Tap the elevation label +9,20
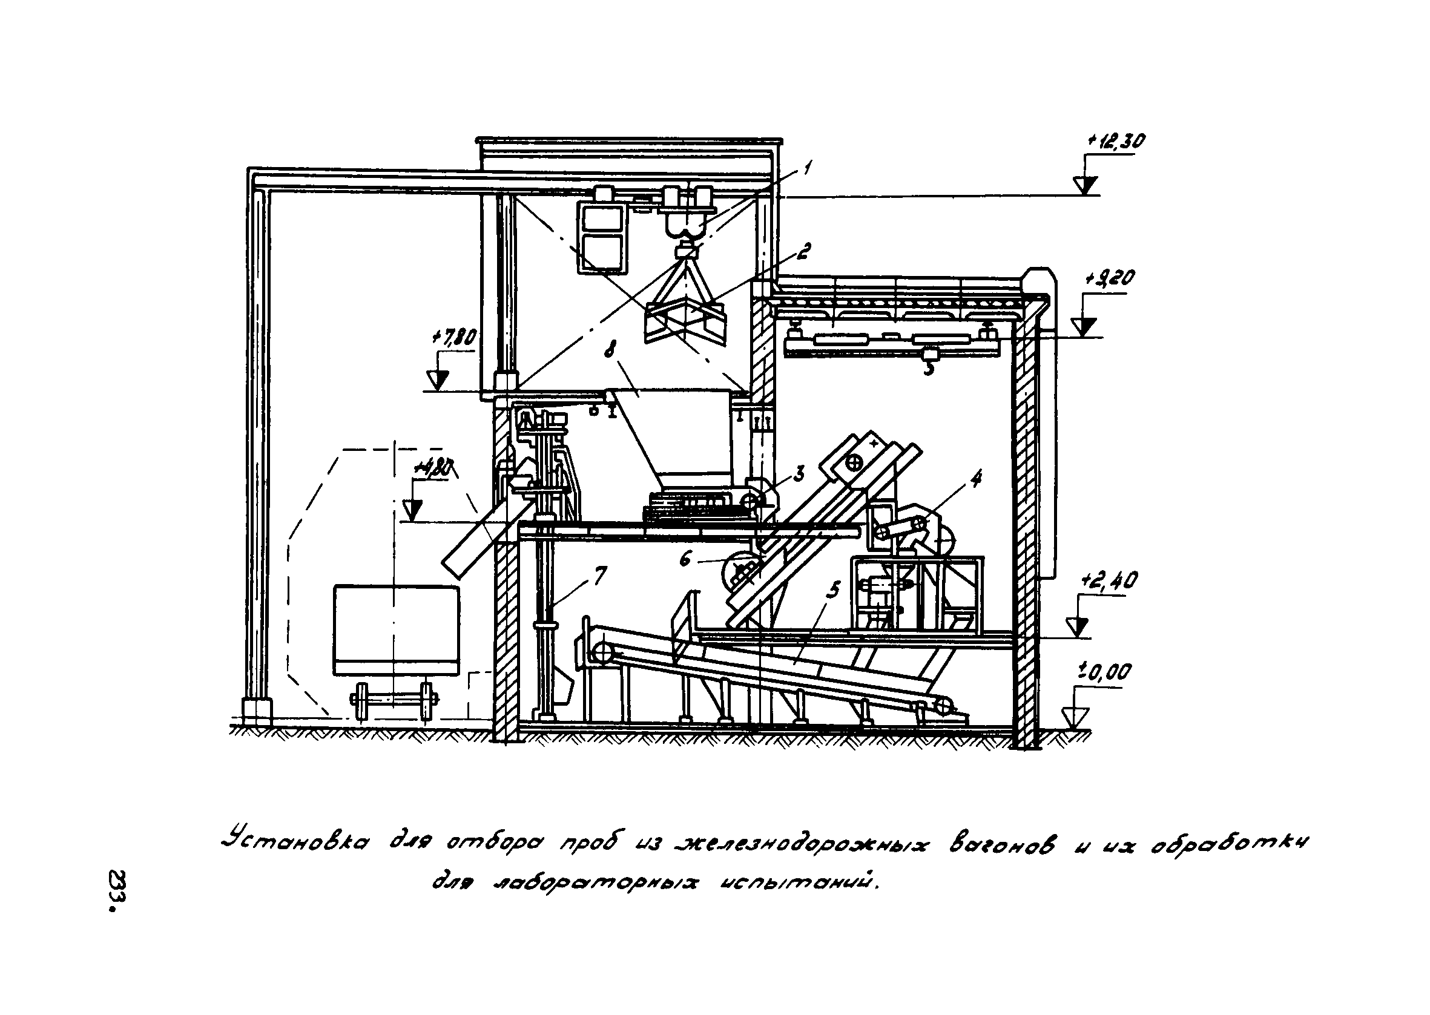click(x=1110, y=278)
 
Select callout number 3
click(x=799, y=475)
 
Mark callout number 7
click(x=599, y=574)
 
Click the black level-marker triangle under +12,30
click(x=1085, y=185)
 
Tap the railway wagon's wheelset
click(x=392, y=703)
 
